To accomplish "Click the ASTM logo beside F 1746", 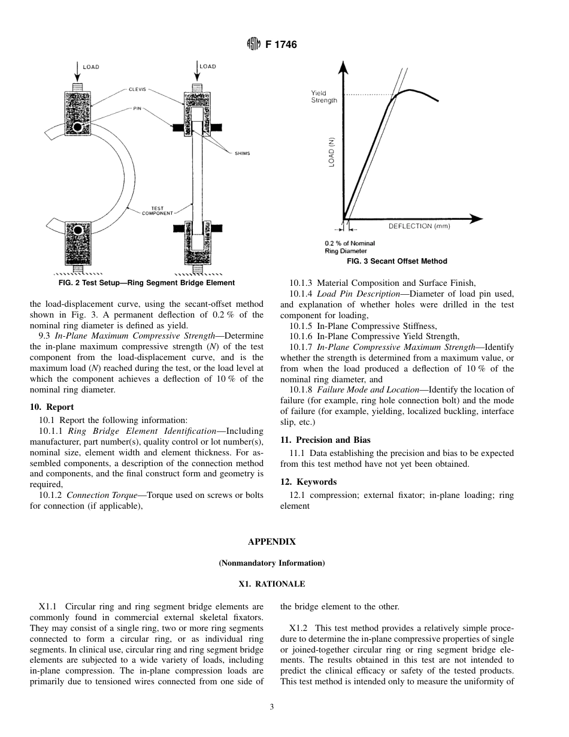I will (x=254, y=44).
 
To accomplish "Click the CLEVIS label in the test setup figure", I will (x=137, y=89).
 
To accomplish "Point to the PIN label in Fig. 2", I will (x=137, y=108).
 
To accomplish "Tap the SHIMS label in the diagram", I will (x=241, y=153).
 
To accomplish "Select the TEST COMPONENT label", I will (x=157, y=211).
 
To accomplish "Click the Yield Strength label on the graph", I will (x=324, y=97).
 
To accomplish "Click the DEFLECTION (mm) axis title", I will (x=419, y=226).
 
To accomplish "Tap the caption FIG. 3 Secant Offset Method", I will (x=397, y=261).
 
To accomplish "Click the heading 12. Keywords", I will (x=308, y=482).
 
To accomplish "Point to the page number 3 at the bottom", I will (x=271, y=707).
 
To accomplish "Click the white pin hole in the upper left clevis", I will (x=77, y=127).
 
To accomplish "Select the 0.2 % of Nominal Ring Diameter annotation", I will (x=350, y=247).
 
